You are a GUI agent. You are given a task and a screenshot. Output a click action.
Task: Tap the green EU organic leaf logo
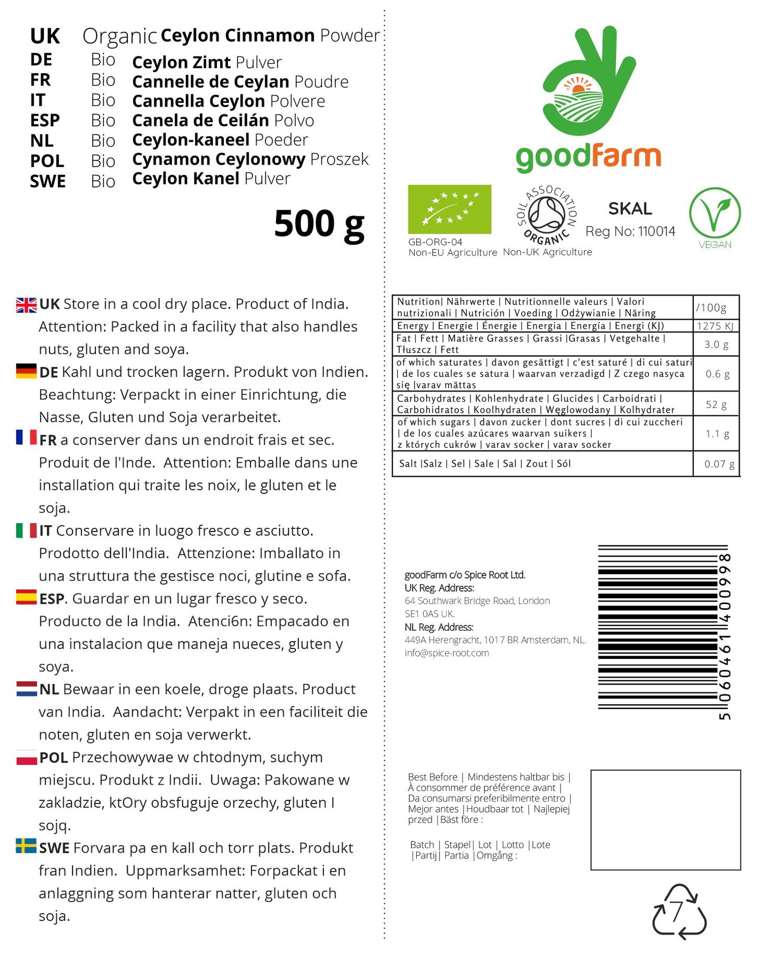[x=449, y=209]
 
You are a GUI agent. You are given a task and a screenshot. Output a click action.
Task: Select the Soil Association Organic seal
[x=547, y=214]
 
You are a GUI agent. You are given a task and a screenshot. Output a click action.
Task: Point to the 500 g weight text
[x=319, y=224]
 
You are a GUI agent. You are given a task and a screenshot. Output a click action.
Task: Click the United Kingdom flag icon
[x=26, y=305]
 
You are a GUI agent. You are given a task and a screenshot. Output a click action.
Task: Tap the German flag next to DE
[x=26, y=371]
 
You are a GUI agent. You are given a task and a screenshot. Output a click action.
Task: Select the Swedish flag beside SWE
[x=26, y=846]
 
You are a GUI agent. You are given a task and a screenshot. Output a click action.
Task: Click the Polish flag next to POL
[x=26, y=757]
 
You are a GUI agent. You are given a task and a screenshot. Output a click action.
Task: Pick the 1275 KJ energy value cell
[x=715, y=326]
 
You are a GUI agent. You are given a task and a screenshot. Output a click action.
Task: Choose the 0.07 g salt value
[x=719, y=464]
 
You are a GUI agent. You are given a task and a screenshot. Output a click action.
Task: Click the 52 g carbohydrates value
[x=716, y=405]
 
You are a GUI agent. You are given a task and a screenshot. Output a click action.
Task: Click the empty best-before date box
[x=665, y=819]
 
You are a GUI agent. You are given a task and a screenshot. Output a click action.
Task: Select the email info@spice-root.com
[x=447, y=653]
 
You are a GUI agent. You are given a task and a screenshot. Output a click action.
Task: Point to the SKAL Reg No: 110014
[x=630, y=220]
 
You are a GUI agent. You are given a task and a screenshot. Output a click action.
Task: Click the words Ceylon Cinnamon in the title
[x=237, y=36]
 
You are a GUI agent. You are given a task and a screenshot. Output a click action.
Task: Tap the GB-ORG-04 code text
[x=435, y=242]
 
